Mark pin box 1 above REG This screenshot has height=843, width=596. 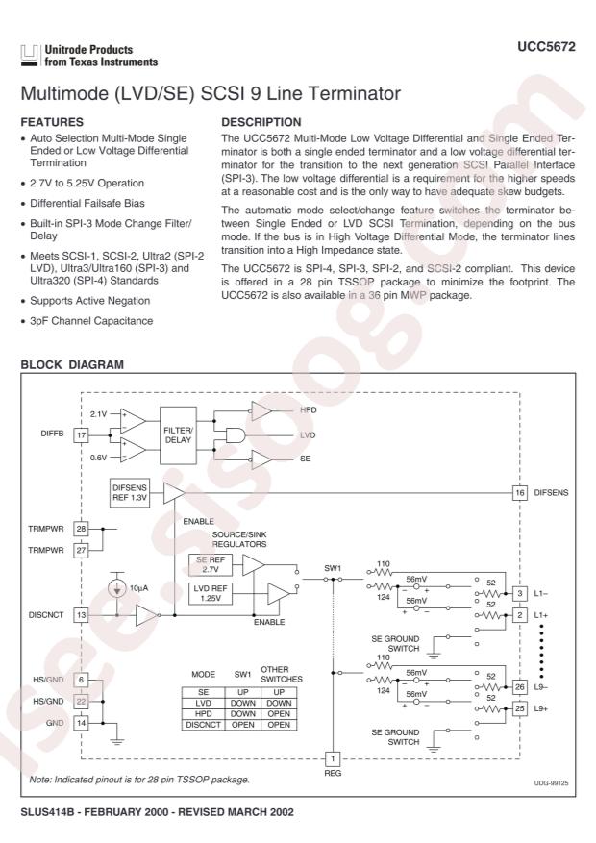pyautogui.click(x=334, y=757)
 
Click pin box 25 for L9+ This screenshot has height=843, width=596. pyautogui.click(x=519, y=708)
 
